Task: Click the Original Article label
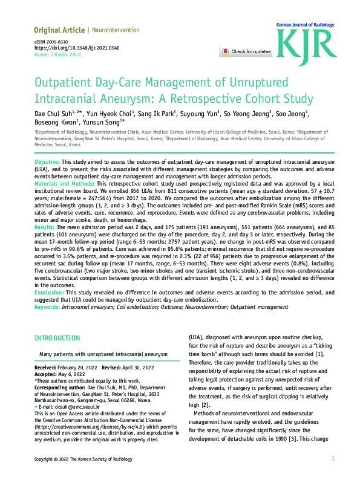tap(59, 30)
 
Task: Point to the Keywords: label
tap(47, 306)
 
